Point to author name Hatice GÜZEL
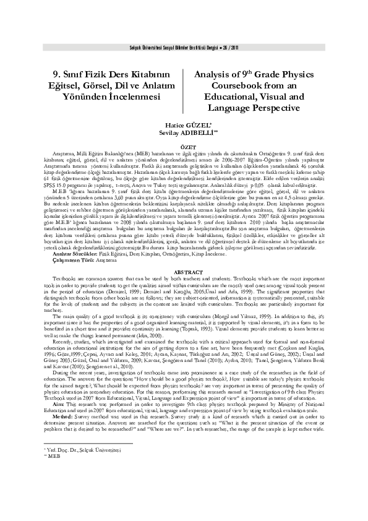tap(184, 124)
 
